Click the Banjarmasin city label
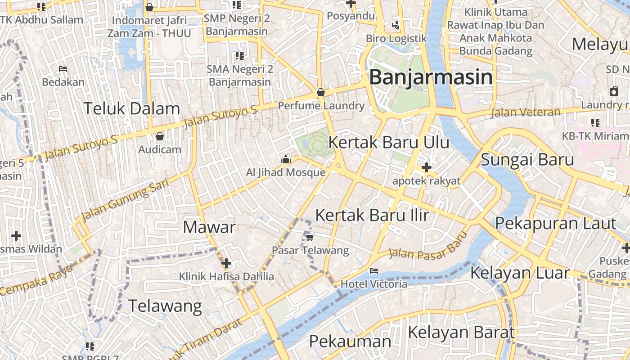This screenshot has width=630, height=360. point(431,77)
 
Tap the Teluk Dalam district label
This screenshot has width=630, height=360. point(132,108)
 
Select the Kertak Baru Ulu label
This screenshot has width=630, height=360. point(389,142)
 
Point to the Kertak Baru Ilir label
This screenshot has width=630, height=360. point(372,215)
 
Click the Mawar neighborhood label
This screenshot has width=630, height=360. point(209,227)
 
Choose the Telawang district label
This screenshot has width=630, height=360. point(166,306)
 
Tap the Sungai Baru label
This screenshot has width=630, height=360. point(527,160)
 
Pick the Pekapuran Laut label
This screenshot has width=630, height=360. point(555,223)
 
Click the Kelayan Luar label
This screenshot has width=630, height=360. point(520,273)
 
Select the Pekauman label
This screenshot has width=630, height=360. point(350,341)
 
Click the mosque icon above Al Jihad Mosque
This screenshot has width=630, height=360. point(285,159)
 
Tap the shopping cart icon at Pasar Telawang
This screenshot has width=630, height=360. point(310,237)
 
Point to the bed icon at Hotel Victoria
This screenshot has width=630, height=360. point(373,271)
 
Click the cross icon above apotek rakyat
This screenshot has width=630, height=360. point(426,168)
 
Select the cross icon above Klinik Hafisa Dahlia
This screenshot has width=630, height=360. point(226,263)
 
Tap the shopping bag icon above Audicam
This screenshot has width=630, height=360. point(159,136)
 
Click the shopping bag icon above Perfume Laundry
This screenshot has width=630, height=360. point(321,92)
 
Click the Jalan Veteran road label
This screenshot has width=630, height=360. point(526,112)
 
